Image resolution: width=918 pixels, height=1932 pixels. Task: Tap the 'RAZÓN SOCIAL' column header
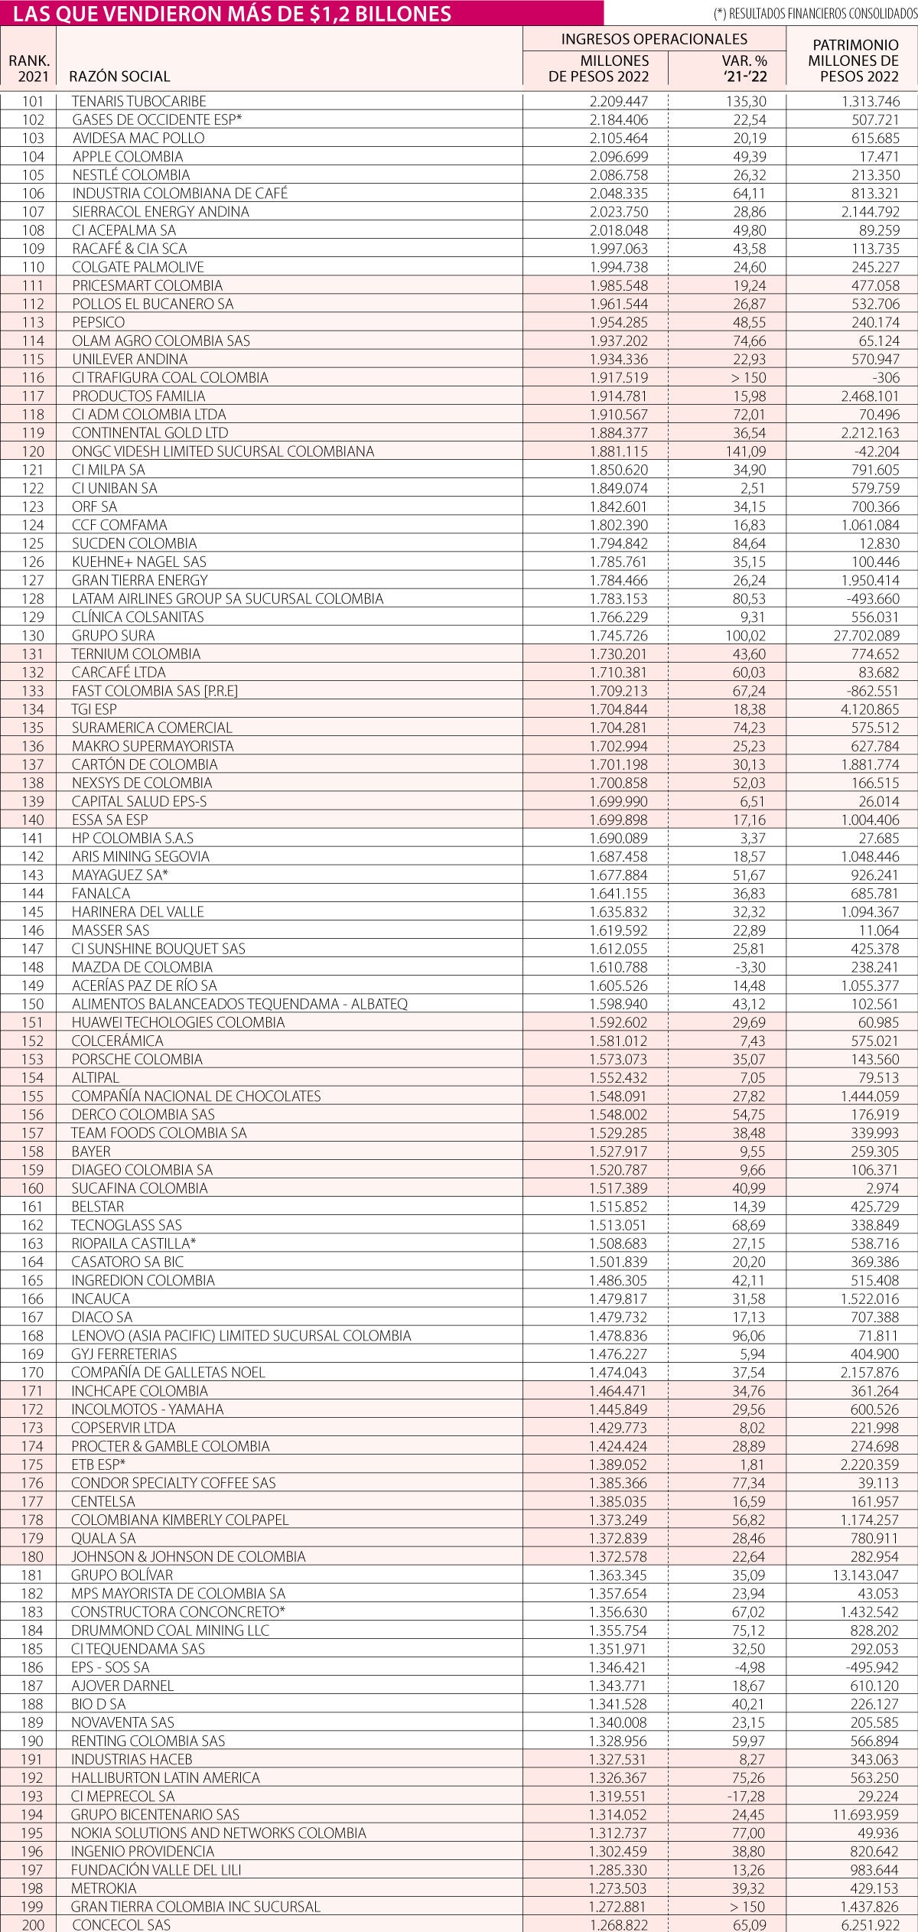(119, 77)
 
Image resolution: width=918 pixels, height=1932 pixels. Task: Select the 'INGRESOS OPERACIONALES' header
(654, 39)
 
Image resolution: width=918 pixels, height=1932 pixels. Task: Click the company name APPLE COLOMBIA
(128, 157)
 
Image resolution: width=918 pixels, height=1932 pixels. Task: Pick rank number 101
(34, 101)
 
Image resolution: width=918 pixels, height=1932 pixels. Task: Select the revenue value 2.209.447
(618, 101)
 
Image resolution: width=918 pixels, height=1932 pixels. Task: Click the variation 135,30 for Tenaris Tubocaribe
(744, 101)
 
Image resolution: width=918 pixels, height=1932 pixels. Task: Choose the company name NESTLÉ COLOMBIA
(131, 175)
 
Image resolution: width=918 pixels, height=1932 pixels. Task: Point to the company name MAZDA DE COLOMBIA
(142, 967)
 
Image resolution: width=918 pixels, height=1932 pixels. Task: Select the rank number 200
(34, 1924)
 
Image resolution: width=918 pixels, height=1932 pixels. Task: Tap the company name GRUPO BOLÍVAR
(122, 1575)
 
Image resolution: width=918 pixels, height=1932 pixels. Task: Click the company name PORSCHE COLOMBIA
(137, 1059)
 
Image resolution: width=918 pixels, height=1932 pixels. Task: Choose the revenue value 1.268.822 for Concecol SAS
(618, 1924)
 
